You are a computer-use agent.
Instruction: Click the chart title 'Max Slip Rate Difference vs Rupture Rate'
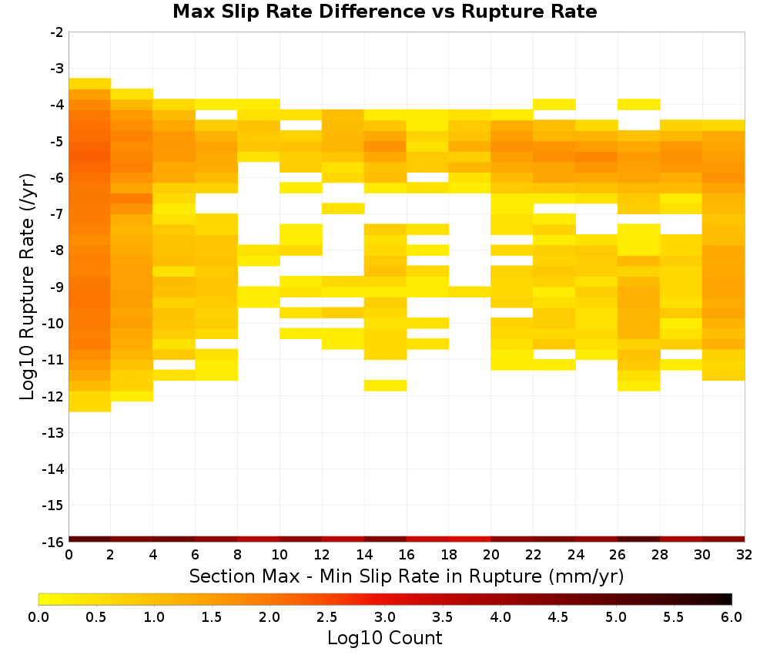click(x=384, y=12)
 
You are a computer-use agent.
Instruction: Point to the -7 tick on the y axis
click(x=57, y=213)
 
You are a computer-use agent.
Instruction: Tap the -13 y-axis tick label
click(x=53, y=432)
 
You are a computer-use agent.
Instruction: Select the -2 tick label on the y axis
click(x=57, y=32)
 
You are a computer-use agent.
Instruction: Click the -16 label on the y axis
click(x=53, y=542)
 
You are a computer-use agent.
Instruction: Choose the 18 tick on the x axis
click(x=448, y=555)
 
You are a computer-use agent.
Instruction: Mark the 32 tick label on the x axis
click(x=745, y=555)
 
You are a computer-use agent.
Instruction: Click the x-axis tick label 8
click(x=238, y=555)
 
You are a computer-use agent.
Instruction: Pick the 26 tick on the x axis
click(x=618, y=555)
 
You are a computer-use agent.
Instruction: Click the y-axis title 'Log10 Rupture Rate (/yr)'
click(x=27, y=287)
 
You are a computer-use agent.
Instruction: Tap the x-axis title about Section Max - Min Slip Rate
click(x=407, y=576)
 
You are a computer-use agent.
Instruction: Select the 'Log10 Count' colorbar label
click(x=384, y=638)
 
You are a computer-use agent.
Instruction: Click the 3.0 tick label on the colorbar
click(x=385, y=616)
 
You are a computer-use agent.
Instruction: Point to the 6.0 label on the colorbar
click(x=731, y=616)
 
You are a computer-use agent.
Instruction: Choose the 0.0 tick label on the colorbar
click(x=38, y=616)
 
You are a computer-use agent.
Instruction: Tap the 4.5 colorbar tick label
click(x=558, y=616)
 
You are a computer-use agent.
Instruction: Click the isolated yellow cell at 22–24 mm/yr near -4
click(x=554, y=104)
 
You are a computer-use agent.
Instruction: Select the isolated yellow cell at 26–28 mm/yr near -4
click(x=639, y=104)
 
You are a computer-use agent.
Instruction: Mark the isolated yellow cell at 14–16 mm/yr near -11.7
click(x=386, y=385)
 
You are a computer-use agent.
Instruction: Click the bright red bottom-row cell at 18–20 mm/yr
click(x=470, y=539)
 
